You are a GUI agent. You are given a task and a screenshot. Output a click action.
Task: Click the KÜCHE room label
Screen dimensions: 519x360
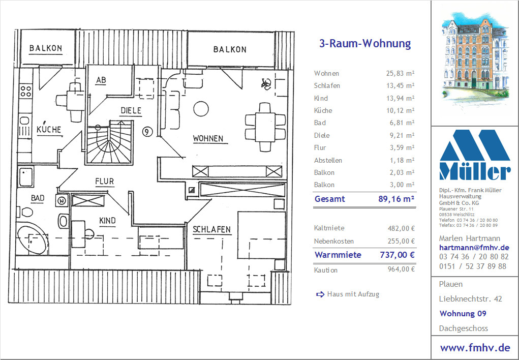[49, 129]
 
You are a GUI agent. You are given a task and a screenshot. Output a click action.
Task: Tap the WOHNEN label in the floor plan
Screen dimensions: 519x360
[208, 138]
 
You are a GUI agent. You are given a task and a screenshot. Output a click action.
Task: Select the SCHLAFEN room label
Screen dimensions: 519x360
[212, 229]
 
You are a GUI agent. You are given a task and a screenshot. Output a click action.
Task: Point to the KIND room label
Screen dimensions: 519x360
[108, 221]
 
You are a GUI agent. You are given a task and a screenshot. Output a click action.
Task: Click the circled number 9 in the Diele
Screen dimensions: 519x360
[147, 132]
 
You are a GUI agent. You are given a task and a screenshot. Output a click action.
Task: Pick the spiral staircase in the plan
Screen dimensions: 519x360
[110, 142]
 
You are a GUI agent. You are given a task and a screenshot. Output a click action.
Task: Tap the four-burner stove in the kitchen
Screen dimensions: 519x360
[26, 91]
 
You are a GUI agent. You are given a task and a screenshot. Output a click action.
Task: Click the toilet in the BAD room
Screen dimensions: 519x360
[25, 212]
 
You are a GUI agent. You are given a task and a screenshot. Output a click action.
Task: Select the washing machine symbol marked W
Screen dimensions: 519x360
[62, 200]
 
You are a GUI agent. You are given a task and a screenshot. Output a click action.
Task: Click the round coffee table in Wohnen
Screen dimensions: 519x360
[201, 109]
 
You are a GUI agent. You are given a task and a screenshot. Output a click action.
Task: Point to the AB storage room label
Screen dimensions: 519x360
[101, 80]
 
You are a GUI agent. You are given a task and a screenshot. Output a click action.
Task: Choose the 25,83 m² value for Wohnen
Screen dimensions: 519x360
[400, 74]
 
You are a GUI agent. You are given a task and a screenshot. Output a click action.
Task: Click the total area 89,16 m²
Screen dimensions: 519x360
[396, 199]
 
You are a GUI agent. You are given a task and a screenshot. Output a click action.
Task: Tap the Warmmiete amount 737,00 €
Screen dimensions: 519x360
[397, 255]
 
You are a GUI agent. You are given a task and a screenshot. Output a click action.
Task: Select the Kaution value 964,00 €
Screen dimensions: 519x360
[401, 269]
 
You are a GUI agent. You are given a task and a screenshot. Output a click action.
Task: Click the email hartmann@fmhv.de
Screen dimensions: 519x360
[474, 248]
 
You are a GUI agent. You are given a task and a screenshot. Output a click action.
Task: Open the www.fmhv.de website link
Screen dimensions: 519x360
[475, 347]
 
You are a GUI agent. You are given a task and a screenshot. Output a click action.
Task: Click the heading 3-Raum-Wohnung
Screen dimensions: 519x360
[365, 43]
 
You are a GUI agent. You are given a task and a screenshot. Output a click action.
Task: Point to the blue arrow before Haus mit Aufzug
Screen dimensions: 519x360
[320, 294]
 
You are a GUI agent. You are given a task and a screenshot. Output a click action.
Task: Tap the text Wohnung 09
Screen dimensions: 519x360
[463, 313]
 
